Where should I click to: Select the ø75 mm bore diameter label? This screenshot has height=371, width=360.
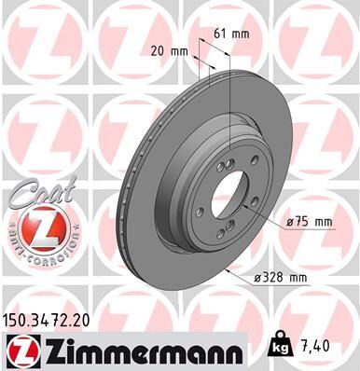311,222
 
